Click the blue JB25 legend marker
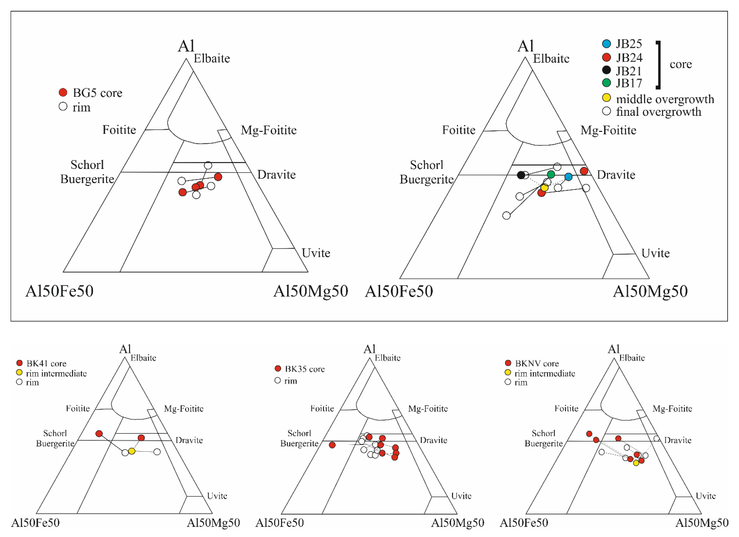click(x=606, y=44)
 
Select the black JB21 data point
click(x=521, y=175)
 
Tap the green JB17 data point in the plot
click(x=551, y=174)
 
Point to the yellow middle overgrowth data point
click(x=544, y=188)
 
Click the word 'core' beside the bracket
click(x=681, y=64)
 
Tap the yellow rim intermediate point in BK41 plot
click(x=132, y=451)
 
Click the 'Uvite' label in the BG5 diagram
click(x=316, y=253)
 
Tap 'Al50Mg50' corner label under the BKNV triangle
click(x=702, y=523)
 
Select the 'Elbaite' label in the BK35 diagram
click(x=387, y=358)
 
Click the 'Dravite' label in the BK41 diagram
click(x=189, y=440)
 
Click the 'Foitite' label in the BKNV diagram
click(x=566, y=408)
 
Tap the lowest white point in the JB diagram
click(x=506, y=215)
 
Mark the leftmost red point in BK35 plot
click(x=332, y=445)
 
